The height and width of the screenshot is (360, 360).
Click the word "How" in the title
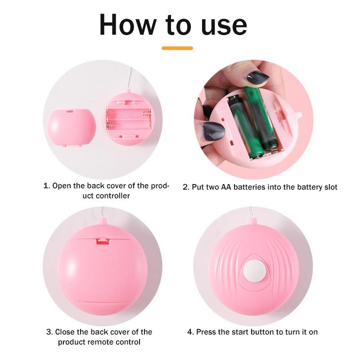coord(128,25)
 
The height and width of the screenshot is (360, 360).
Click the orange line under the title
coord(177,48)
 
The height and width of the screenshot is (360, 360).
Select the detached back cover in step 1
coord(71,128)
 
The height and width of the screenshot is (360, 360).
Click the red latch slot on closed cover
coord(103,241)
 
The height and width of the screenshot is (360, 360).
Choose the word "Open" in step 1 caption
coord(62,186)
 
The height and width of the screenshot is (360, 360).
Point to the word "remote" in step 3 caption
coord(100,342)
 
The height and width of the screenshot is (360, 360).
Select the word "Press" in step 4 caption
coord(206,332)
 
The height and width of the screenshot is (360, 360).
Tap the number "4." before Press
coord(190,332)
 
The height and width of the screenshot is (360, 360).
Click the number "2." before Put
coord(186,187)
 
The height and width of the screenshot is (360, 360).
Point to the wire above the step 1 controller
coord(130,78)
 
